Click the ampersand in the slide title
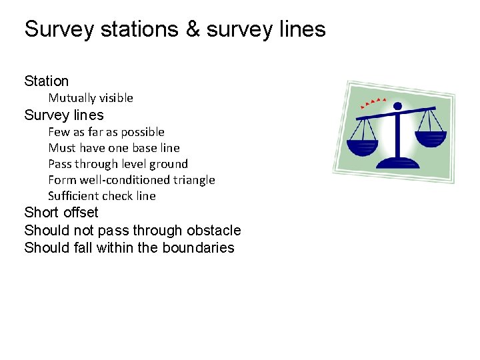193,29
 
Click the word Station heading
47,81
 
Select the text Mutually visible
91,98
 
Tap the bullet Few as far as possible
106,132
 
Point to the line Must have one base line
114,148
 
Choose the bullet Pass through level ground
118,164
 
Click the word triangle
192,180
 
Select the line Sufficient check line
102,196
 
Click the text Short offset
61,213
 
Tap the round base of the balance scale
398,162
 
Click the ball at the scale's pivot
397,106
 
